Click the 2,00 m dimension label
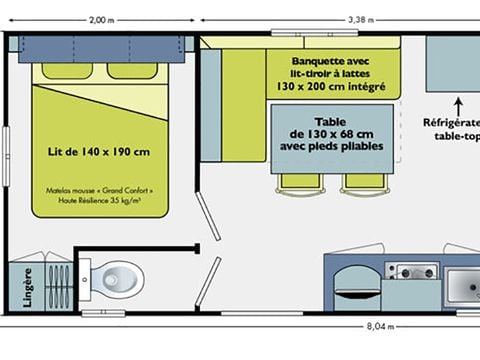click(99, 19)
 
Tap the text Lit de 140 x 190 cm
click(98, 152)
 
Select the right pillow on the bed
click(132, 71)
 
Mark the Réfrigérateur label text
click(451, 123)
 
